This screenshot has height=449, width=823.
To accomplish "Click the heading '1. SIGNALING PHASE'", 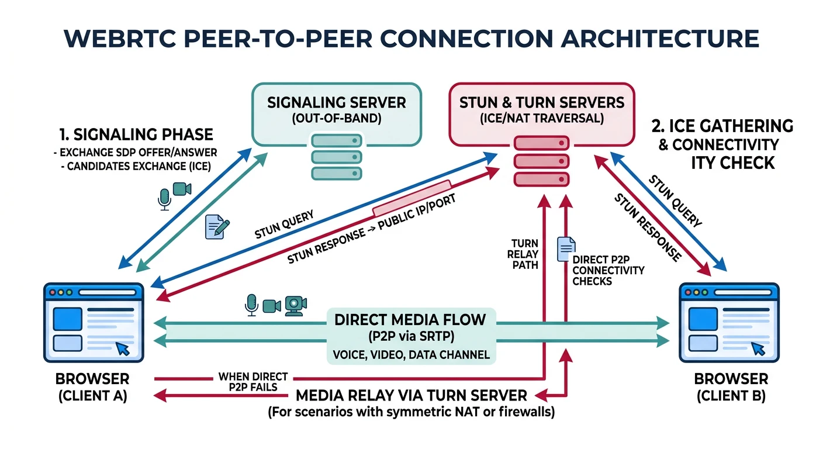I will tap(135, 134).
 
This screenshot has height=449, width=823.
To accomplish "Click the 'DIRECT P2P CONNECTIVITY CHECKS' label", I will tap(608, 270).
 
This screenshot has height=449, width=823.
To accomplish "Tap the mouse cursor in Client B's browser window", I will tap(758, 349).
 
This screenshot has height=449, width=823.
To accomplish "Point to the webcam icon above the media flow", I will tap(296, 305).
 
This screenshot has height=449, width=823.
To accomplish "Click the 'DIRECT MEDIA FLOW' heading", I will tap(410, 320).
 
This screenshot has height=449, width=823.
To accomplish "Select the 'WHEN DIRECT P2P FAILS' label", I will tap(253, 382).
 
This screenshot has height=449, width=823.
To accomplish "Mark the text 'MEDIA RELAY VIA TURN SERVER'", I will tap(411, 395).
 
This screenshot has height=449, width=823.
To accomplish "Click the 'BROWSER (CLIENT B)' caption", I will tap(731, 386).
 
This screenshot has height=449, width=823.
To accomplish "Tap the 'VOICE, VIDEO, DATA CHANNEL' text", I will tap(410, 354).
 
